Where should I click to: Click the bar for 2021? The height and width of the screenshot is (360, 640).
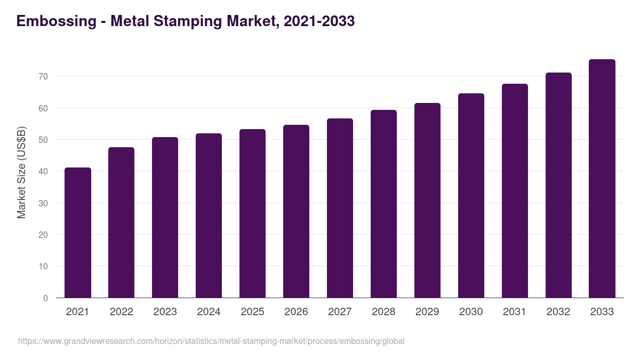[78, 233]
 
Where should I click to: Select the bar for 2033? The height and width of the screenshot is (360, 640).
[602, 179]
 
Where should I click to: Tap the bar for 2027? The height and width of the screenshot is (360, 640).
[340, 208]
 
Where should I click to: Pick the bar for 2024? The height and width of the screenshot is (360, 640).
[209, 215]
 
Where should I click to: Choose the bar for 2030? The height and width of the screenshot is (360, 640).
[471, 196]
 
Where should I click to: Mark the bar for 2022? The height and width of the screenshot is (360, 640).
[121, 222]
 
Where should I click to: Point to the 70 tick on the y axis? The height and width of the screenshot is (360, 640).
[43, 77]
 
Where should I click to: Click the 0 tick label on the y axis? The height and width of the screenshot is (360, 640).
[45, 298]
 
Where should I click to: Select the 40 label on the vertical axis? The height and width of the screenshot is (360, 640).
[43, 172]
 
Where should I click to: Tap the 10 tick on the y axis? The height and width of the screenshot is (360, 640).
[43, 267]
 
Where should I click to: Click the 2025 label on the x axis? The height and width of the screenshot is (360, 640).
[252, 312]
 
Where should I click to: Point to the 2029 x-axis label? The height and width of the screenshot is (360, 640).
[427, 312]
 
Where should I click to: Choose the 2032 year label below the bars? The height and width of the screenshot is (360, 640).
[558, 312]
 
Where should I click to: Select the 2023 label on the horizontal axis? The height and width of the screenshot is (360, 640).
[165, 312]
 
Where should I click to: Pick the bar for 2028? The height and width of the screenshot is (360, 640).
[383, 204]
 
